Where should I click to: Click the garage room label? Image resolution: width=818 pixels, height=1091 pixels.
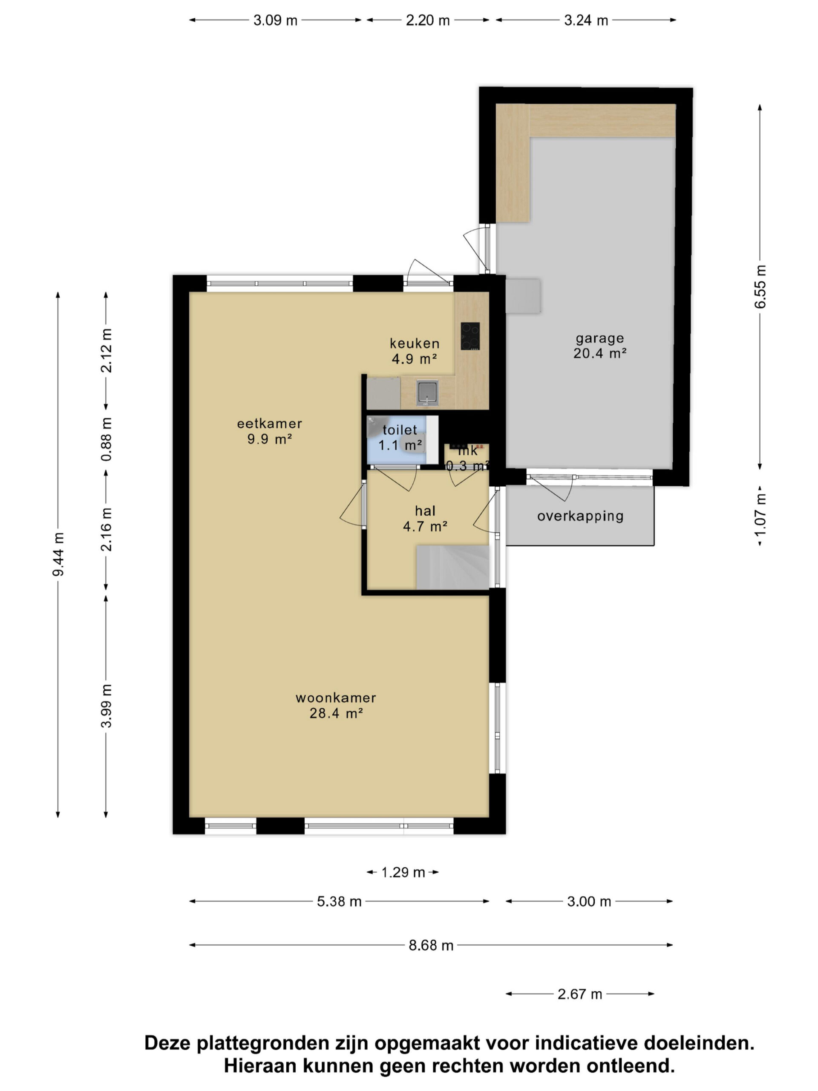coord(599,346)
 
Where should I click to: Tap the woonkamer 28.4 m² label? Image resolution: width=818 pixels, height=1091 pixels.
coord(336,705)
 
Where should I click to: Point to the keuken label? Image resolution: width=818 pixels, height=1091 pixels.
coord(414,351)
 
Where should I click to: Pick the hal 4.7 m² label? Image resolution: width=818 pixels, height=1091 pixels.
coord(425,518)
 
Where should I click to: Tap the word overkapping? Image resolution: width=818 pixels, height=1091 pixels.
coord(580,517)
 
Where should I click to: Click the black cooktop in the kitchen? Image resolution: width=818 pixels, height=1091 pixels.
coord(470,336)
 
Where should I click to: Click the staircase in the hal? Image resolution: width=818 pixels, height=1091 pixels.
coord(452,567)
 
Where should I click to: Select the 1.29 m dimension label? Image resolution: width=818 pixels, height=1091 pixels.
coord(403,872)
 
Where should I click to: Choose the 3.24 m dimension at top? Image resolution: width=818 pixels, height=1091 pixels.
coord(586,20)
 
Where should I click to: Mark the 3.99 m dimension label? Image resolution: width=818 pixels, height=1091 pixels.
coord(106,706)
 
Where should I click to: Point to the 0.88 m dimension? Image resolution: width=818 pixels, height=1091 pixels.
coord(106,439)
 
